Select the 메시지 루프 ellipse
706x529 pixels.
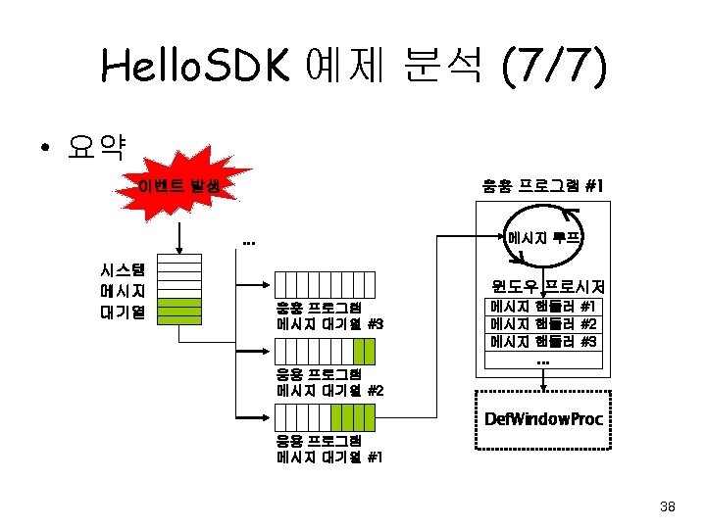point(545,238)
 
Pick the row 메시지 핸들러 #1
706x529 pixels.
point(543,307)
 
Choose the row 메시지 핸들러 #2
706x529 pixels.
point(543,323)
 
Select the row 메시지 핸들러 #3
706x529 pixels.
point(543,341)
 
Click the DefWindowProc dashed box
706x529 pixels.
point(543,419)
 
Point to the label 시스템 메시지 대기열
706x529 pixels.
point(123,291)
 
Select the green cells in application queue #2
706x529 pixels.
point(364,351)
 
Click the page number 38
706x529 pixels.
point(668,506)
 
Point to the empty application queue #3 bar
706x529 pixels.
point(325,284)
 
